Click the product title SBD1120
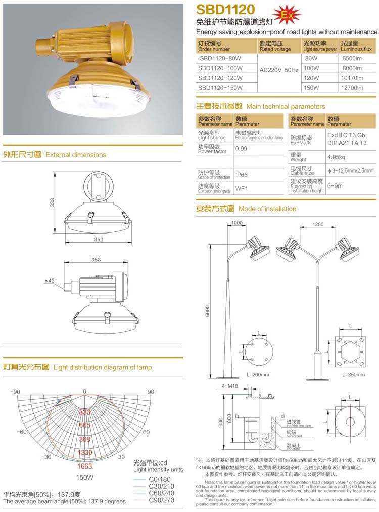(x=226, y=9)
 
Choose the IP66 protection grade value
(x=242, y=175)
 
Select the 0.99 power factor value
(x=242, y=149)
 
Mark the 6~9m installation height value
(x=335, y=185)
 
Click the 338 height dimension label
(x=52, y=202)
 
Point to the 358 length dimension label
(x=96, y=260)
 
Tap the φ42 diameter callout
(x=50, y=280)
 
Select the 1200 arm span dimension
(x=318, y=224)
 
